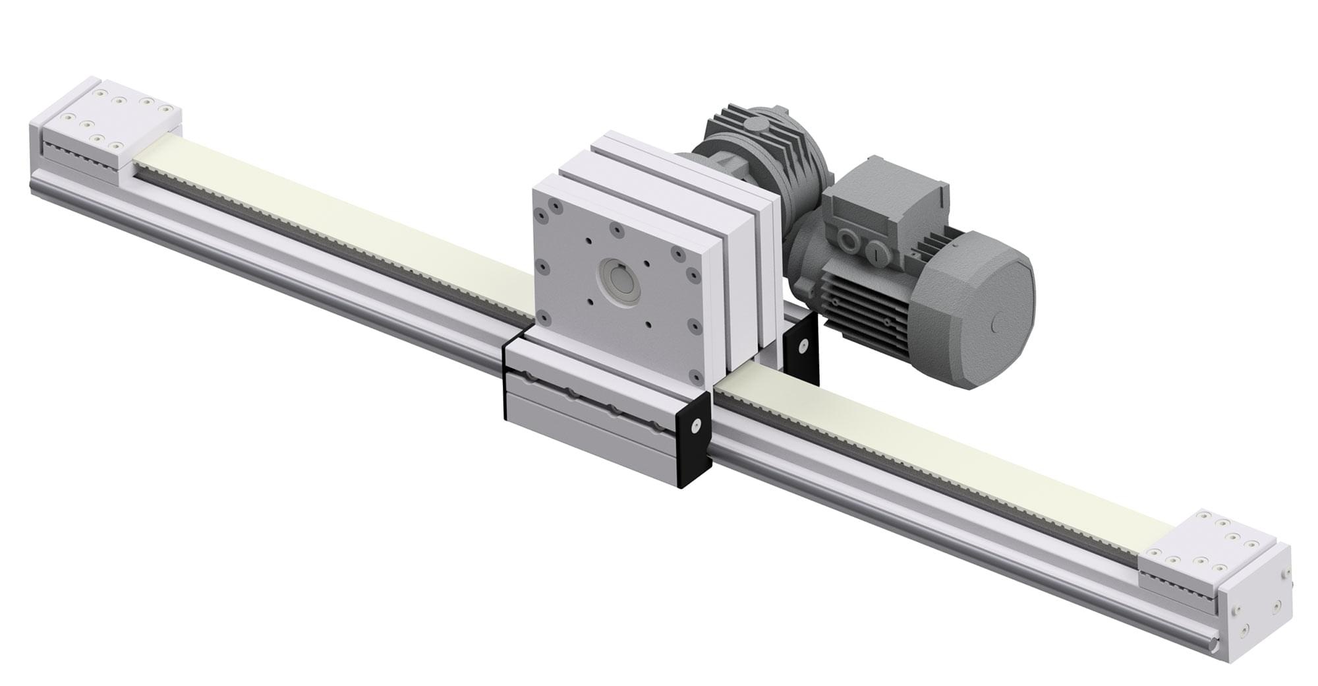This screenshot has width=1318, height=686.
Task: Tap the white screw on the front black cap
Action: [695, 427]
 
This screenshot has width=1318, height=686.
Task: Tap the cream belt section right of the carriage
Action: [923, 462]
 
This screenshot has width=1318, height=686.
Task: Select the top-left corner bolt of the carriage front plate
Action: [541, 214]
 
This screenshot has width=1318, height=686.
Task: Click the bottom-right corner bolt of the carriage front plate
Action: [695, 377]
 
